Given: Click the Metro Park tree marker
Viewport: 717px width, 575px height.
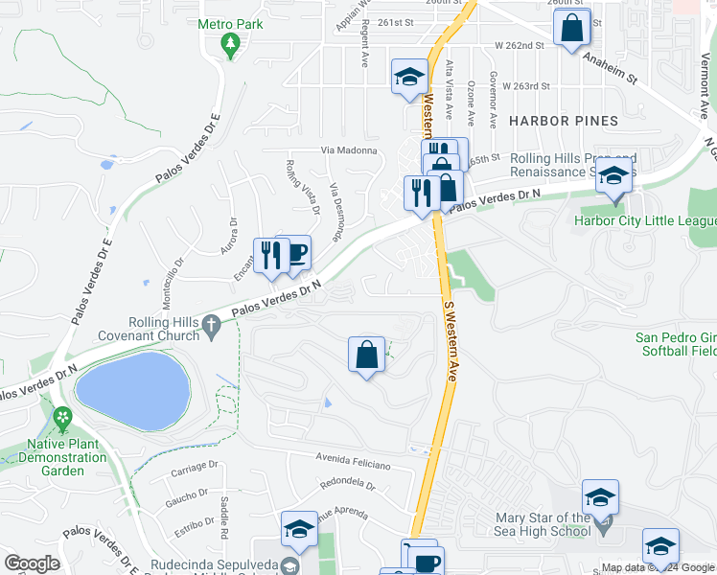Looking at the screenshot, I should coord(230,44).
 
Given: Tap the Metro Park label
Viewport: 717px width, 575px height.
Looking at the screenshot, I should coord(230,23).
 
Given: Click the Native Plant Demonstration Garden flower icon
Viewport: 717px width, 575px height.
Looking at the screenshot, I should coord(63,418).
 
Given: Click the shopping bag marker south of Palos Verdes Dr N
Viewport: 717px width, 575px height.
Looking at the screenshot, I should coord(366,355).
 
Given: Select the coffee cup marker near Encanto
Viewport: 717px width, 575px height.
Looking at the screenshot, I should coord(294,253).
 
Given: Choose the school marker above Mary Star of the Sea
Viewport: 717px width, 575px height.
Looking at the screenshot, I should coord(600,497).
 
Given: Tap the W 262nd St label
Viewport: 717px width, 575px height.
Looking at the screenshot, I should coord(519,44).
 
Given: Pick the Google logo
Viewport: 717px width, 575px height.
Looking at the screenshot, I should coord(32,563).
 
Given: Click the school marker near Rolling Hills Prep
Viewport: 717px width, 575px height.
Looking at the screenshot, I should coord(613,179).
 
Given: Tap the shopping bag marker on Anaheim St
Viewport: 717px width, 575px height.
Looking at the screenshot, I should coord(572,27).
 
